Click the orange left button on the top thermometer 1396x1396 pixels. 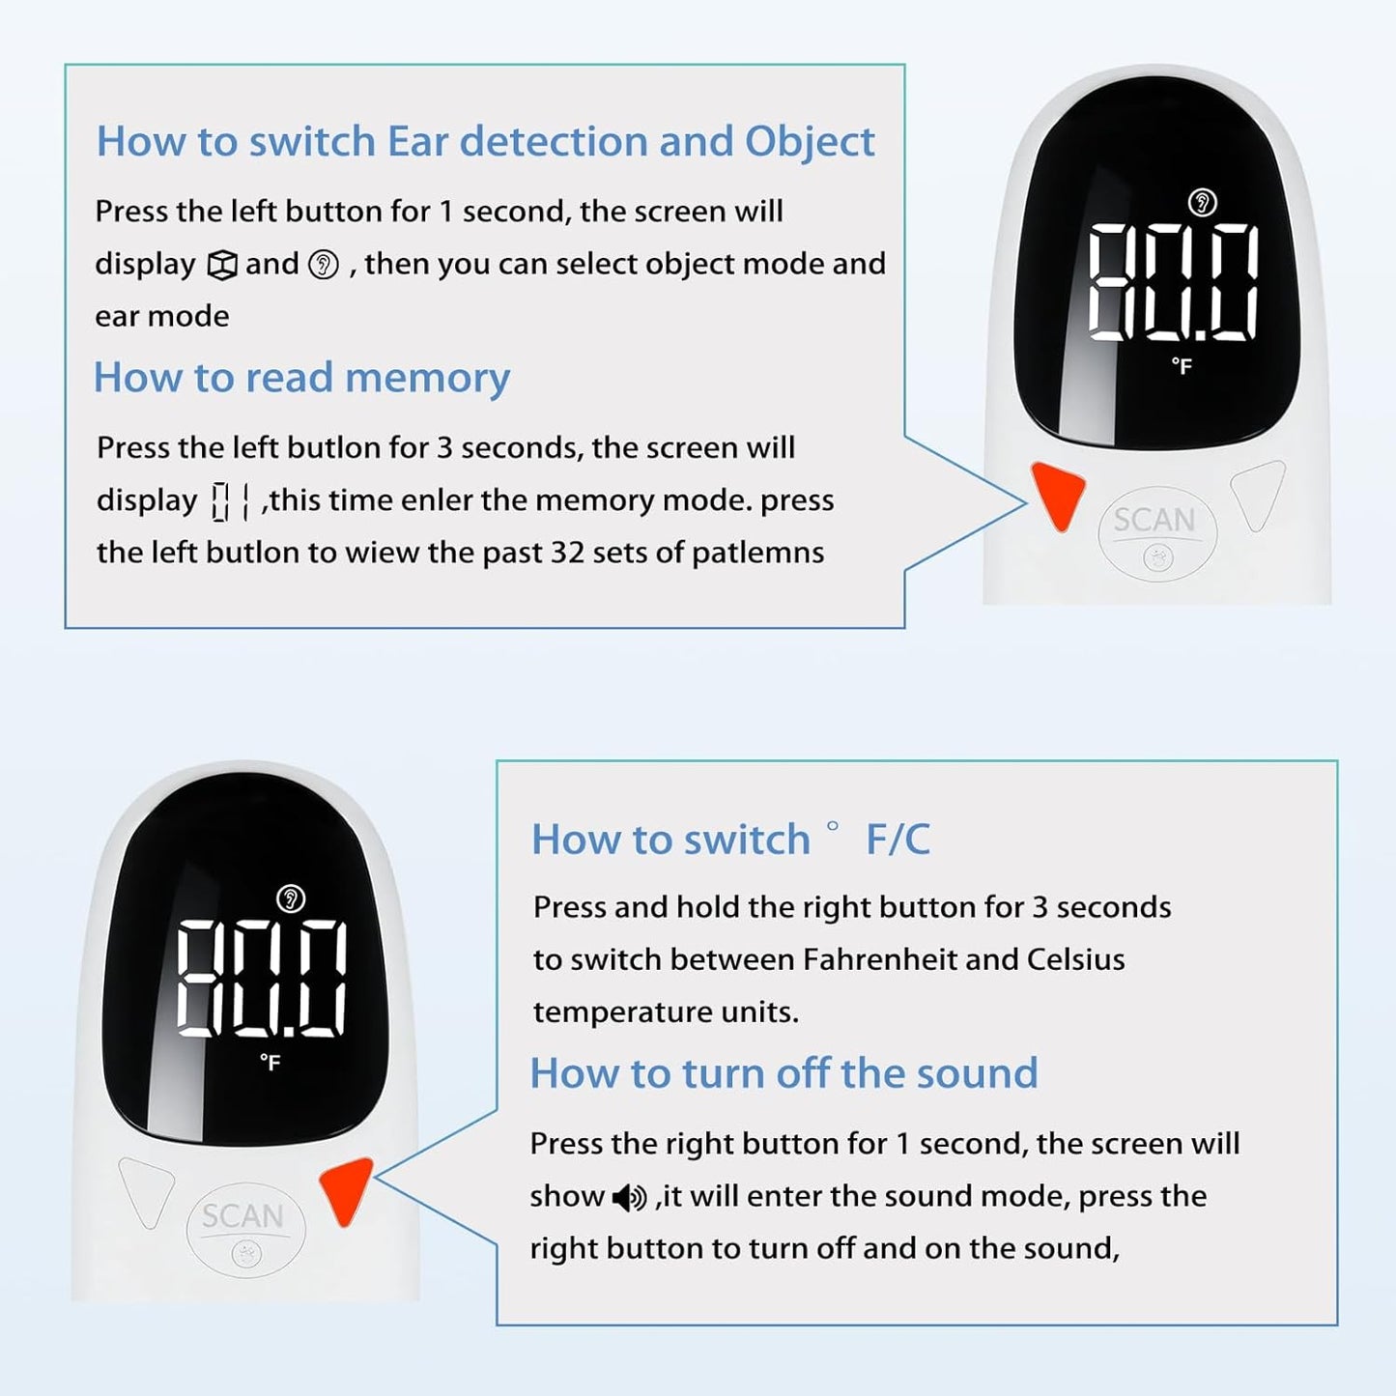1059,494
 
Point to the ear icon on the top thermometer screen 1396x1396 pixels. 1202,203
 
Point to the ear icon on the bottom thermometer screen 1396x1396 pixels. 291,898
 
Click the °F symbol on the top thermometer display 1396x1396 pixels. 1182,366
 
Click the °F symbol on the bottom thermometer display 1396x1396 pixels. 270,1063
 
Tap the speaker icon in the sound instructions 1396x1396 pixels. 629,1198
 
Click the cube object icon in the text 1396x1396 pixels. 222,265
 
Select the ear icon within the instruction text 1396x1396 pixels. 323,265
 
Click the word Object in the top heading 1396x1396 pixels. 809,142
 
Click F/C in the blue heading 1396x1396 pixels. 897,840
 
